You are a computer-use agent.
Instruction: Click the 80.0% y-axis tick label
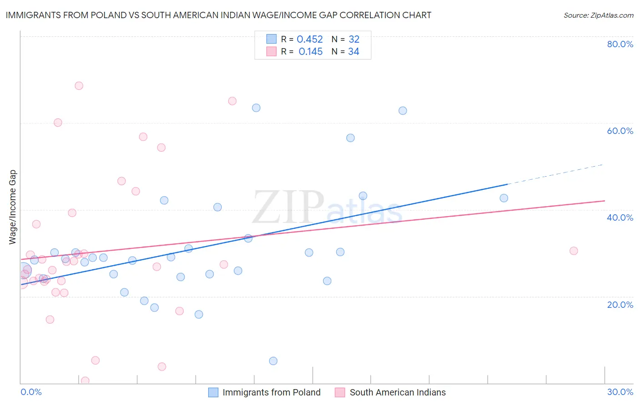[x=620, y=44]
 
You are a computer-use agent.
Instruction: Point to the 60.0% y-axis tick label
[x=620, y=131]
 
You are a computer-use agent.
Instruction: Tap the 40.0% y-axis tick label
[x=620, y=217]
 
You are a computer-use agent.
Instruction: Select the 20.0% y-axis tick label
[x=620, y=305]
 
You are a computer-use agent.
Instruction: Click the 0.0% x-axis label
[x=31, y=392]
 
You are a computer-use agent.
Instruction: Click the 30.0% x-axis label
[x=620, y=392]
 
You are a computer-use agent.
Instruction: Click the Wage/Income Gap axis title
[x=13, y=207]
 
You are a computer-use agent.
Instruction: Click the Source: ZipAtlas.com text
[x=598, y=15]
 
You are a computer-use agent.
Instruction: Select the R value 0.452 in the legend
[x=310, y=40]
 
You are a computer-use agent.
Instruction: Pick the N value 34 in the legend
[x=354, y=52]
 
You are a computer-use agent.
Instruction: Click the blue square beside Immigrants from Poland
[x=213, y=392]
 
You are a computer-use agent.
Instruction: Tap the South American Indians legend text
[x=398, y=392]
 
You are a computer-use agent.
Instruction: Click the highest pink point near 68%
[x=79, y=86]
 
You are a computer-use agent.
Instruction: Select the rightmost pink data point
[x=574, y=251]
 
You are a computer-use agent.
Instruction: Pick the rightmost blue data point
[x=504, y=198]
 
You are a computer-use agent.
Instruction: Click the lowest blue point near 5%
[x=273, y=361]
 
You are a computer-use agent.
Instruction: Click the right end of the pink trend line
[x=604, y=201]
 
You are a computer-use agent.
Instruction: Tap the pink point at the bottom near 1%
[x=85, y=380]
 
